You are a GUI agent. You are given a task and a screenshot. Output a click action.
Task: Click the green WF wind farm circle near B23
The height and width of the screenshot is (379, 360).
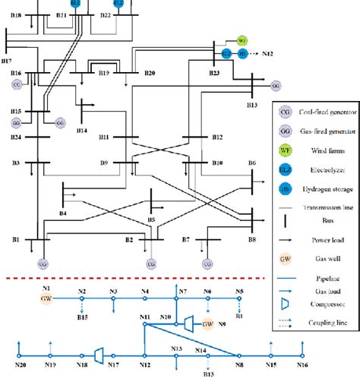242,40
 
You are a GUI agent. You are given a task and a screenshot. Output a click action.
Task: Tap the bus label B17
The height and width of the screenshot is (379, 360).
7,58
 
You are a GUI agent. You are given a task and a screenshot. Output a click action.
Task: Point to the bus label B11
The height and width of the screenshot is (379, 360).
105,137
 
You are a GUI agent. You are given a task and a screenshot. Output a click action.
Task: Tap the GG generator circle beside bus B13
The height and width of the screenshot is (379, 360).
275,85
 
